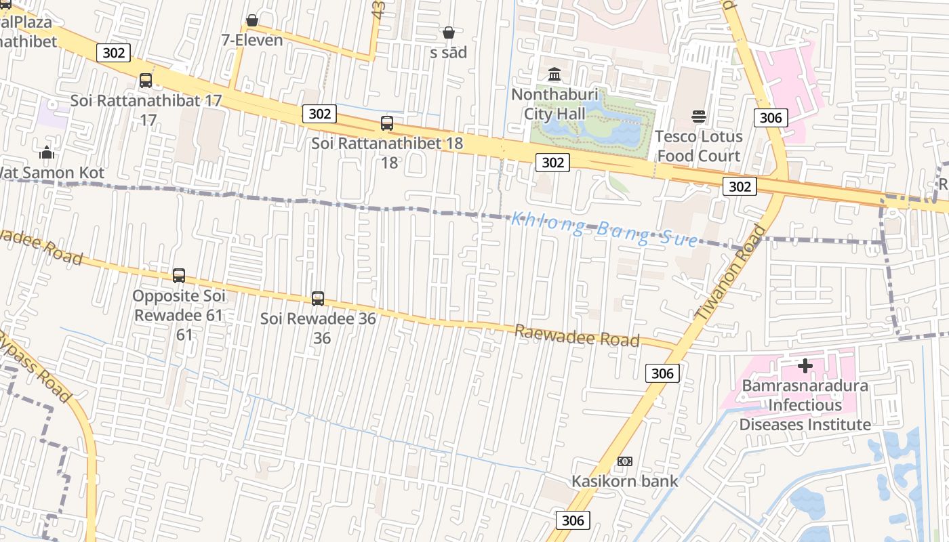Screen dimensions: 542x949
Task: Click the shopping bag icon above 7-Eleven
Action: (x=251, y=21)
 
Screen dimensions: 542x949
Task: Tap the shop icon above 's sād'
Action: (x=448, y=33)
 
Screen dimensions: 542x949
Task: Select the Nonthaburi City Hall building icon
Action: (x=554, y=74)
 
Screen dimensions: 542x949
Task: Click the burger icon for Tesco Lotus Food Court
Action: (x=699, y=117)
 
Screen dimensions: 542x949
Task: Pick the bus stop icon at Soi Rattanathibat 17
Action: (x=145, y=81)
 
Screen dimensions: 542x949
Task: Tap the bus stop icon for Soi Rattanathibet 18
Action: (x=386, y=123)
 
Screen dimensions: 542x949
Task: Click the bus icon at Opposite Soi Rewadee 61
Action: (x=179, y=276)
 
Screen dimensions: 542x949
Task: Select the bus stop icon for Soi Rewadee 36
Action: (x=318, y=299)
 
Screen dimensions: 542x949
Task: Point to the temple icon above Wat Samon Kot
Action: (x=47, y=152)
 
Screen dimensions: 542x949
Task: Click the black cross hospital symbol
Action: (x=805, y=367)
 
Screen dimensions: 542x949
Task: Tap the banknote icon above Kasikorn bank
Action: (x=625, y=461)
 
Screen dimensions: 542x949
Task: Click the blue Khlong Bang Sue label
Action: (x=603, y=229)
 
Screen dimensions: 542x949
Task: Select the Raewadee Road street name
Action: (x=577, y=335)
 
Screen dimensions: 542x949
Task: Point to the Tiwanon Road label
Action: (x=730, y=272)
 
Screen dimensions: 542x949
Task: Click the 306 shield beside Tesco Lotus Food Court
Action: (x=771, y=118)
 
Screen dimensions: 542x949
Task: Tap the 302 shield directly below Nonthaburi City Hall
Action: (x=552, y=163)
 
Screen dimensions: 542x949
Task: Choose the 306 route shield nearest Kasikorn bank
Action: (x=573, y=520)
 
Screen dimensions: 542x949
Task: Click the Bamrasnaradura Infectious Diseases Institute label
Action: (x=805, y=405)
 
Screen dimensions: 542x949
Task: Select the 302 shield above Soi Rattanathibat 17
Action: (x=113, y=52)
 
